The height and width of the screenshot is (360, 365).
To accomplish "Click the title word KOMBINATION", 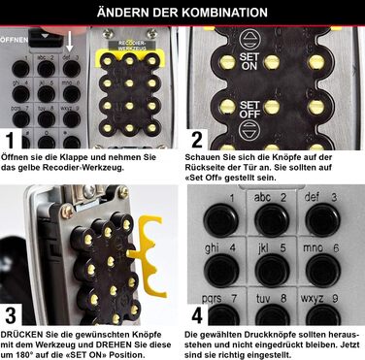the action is tap(224, 13).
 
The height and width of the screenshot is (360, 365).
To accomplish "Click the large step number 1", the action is tap(11, 141).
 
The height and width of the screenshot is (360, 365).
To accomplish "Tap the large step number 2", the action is tap(197, 140).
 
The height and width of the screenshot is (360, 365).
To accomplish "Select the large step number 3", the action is tap(11, 315).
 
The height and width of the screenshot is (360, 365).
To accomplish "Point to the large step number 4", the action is tap(197, 315).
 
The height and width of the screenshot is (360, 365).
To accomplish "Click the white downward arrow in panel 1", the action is tap(69, 42).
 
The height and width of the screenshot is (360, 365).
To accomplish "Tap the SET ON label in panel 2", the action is tap(249, 61).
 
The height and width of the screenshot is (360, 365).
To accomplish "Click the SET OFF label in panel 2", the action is tap(249, 110).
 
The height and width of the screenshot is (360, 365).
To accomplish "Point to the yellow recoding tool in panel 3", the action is tap(147, 255).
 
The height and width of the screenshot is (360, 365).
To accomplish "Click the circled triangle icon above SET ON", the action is tap(249, 40).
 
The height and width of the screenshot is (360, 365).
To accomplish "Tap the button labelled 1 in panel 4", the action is tap(221, 220).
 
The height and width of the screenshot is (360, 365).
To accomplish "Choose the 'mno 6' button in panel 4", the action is tap(322, 271).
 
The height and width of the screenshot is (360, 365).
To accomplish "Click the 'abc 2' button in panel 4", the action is tap(272, 220).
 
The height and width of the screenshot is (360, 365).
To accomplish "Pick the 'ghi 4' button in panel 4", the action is tap(221, 271).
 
